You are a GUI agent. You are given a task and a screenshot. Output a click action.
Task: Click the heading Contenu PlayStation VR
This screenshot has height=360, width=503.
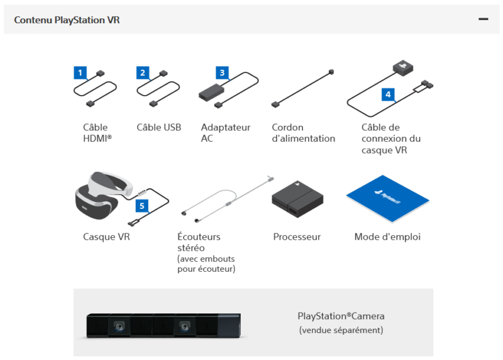click(x=67, y=20)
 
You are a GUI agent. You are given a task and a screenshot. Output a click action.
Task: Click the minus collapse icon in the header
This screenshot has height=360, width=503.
click(x=483, y=20)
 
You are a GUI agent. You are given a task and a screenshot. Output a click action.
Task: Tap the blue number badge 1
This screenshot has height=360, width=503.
click(x=80, y=72)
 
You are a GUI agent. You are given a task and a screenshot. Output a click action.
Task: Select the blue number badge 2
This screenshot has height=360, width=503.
click(x=143, y=72)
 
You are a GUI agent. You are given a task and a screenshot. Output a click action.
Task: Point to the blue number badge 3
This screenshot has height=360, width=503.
click(x=221, y=72)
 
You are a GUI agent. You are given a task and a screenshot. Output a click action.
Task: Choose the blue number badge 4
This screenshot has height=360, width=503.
click(x=389, y=94)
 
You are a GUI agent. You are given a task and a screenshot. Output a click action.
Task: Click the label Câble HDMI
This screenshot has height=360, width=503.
click(x=97, y=133)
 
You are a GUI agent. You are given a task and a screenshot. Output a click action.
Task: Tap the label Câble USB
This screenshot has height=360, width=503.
click(x=158, y=127)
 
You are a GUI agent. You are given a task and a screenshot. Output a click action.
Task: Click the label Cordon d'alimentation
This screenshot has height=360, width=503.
click(x=303, y=133)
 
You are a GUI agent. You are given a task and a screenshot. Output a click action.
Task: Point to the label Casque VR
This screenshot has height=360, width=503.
click(x=106, y=237)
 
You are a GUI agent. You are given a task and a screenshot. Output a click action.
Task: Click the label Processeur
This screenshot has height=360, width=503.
click(x=297, y=237)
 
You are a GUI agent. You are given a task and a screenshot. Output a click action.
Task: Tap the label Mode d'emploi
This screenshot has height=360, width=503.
click(x=387, y=237)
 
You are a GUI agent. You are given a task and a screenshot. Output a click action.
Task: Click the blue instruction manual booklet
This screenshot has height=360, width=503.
click(x=387, y=198)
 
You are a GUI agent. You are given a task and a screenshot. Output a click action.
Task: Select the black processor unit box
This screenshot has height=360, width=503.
click(x=297, y=198)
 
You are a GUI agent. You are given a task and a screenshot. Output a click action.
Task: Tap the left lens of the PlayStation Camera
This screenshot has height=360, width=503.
click(x=119, y=326)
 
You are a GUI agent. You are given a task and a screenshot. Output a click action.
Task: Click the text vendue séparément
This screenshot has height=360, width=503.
click(x=341, y=330)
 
